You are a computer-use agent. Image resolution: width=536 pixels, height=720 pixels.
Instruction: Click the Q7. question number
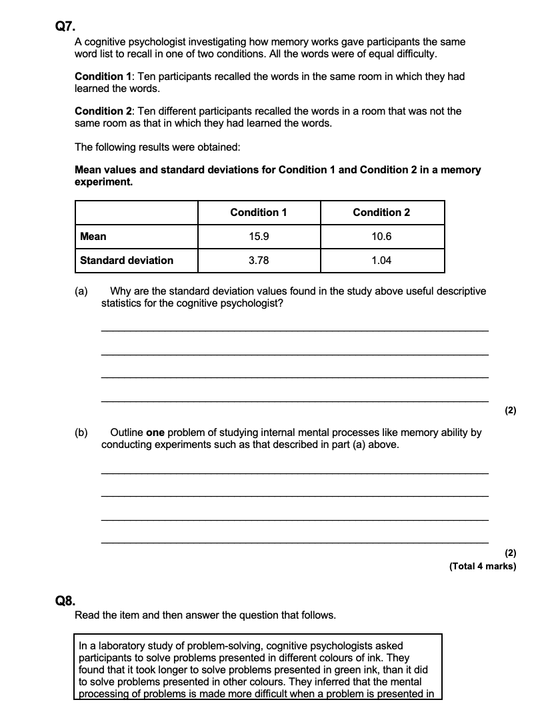coord(67,27)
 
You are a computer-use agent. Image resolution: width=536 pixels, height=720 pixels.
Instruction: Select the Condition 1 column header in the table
coord(259,213)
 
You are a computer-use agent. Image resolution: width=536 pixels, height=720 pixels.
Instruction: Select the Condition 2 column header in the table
coord(381,213)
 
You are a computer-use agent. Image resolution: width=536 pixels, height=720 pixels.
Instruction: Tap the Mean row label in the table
coord(93,237)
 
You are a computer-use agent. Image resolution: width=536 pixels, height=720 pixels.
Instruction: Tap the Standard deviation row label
coord(127,261)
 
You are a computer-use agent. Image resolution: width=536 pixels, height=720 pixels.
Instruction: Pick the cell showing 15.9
coord(259,237)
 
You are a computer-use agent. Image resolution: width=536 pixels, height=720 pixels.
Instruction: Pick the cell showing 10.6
coord(381,237)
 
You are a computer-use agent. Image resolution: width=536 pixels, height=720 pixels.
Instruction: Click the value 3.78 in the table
coord(259,261)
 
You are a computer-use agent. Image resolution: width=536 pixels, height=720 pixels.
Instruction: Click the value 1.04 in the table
coord(381,261)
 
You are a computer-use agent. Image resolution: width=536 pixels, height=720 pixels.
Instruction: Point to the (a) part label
coord(81,291)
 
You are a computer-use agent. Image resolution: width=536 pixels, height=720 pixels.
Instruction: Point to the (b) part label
coord(81,433)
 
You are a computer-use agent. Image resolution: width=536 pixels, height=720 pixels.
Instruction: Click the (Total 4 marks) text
coord(483,567)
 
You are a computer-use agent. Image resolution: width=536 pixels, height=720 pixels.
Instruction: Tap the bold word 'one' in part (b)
coord(155,433)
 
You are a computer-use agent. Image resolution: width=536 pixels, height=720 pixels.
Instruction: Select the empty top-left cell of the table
coord(137,213)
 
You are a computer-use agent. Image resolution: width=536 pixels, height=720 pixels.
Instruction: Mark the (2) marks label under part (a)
coord(511,411)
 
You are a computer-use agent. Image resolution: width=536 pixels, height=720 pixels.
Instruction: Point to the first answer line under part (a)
coord(294,331)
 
